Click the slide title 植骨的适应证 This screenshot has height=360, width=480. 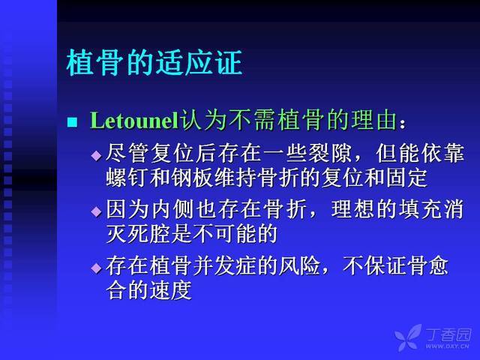pyautogui.click(x=154, y=63)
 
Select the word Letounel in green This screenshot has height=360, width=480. pyautogui.click(x=134, y=120)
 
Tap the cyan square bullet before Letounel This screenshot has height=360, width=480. pyautogui.click(x=72, y=121)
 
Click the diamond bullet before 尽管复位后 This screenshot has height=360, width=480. pyautogui.click(x=97, y=155)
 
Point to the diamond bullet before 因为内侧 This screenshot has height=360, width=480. pyautogui.click(x=97, y=211)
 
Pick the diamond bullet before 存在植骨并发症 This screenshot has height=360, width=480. pyautogui.click(x=97, y=268)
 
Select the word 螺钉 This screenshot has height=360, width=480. pyautogui.click(x=127, y=178)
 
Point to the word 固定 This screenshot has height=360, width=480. pyautogui.click(x=406, y=178)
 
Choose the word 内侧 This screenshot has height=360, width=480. pyautogui.click(x=172, y=210)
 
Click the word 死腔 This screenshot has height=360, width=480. pyautogui.click(x=149, y=234)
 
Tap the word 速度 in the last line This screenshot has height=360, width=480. pyautogui.click(x=171, y=290)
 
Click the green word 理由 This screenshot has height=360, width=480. pyautogui.click(x=373, y=120)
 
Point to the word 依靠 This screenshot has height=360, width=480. pyautogui.click(x=442, y=153)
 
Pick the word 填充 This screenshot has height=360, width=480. pyautogui.click(x=421, y=210)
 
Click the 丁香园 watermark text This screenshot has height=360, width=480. pyautogui.click(x=448, y=334)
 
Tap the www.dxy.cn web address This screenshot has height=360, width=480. pyautogui.click(x=447, y=346)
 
